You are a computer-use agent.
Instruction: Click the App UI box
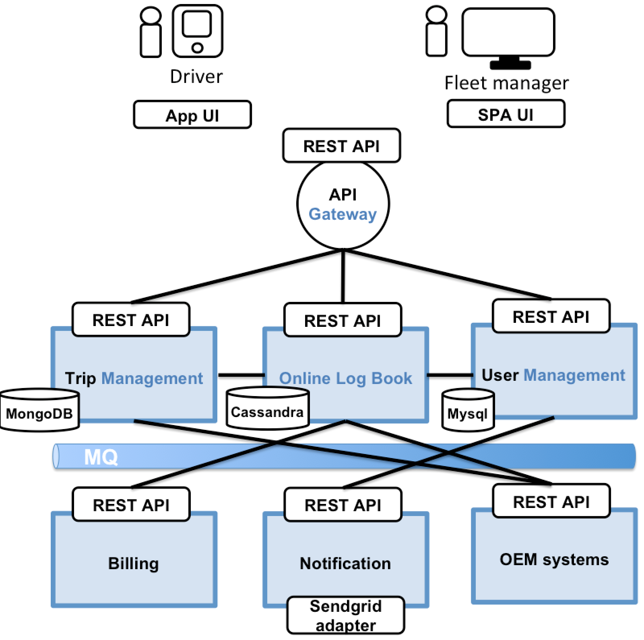click(192, 115)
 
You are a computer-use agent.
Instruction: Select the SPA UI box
click(506, 115)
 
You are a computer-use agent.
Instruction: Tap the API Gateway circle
click(343, 204)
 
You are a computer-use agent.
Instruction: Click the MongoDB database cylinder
click(39, 411)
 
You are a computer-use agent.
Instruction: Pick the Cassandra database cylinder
click(267, 409)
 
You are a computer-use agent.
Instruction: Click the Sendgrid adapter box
click(345, 615)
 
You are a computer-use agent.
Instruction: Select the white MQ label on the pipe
click(101, 457)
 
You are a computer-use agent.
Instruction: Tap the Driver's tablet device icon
click(197, 31)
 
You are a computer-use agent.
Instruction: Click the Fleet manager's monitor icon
click(508, 36)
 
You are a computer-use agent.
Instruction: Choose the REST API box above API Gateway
click(341, 146)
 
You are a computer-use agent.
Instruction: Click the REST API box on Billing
click(131, 504)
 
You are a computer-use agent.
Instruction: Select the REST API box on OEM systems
click(551, 501)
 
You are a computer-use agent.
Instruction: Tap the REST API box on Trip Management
click(130, 320)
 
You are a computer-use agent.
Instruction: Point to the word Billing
click(133, 563)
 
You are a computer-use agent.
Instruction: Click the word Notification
click(345, 563)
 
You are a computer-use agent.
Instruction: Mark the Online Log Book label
click(345, 378)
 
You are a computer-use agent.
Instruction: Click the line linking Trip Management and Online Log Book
click(240, 375)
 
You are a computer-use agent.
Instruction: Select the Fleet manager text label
click(506, 83)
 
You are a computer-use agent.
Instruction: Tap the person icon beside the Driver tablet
click(151, 32)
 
